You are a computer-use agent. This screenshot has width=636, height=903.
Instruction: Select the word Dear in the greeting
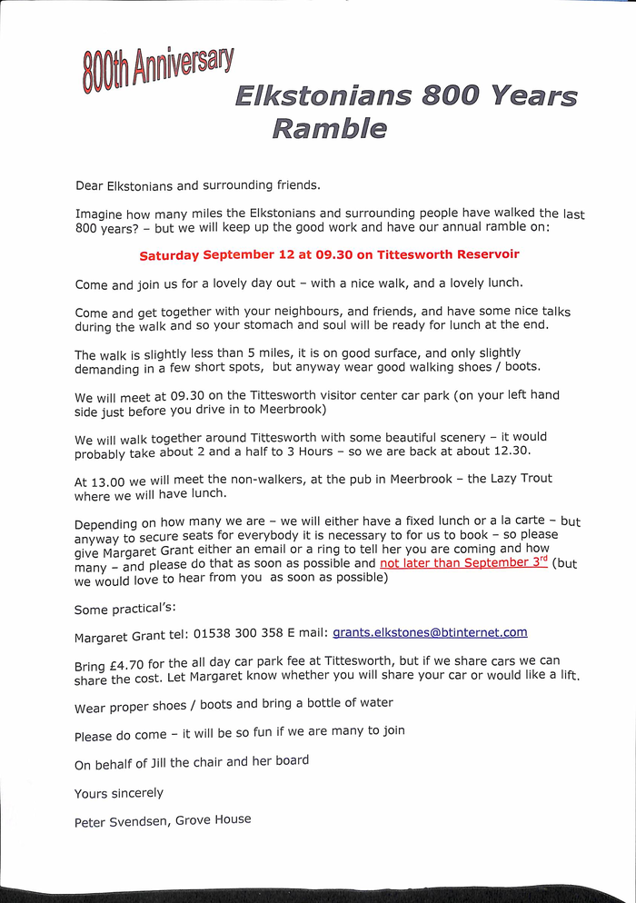click(x=89, y=187)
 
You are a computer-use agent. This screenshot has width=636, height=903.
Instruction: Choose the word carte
click(x=525, y=521)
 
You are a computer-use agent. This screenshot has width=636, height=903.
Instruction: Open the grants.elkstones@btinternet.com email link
click(x=430, y=632)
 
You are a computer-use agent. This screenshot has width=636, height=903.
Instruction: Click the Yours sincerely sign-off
click(x=118, y=793)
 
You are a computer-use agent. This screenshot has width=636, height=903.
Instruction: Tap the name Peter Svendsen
click(x=118, y=822)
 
